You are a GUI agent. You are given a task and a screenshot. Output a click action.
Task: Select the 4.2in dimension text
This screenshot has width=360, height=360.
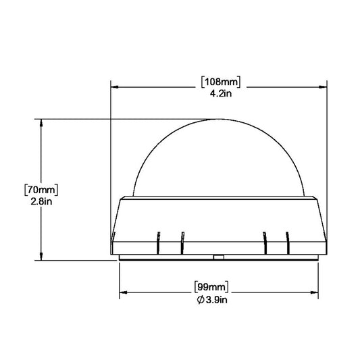click(222, 94)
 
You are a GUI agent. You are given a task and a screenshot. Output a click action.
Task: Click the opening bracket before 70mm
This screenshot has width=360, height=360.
click(25, 188)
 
